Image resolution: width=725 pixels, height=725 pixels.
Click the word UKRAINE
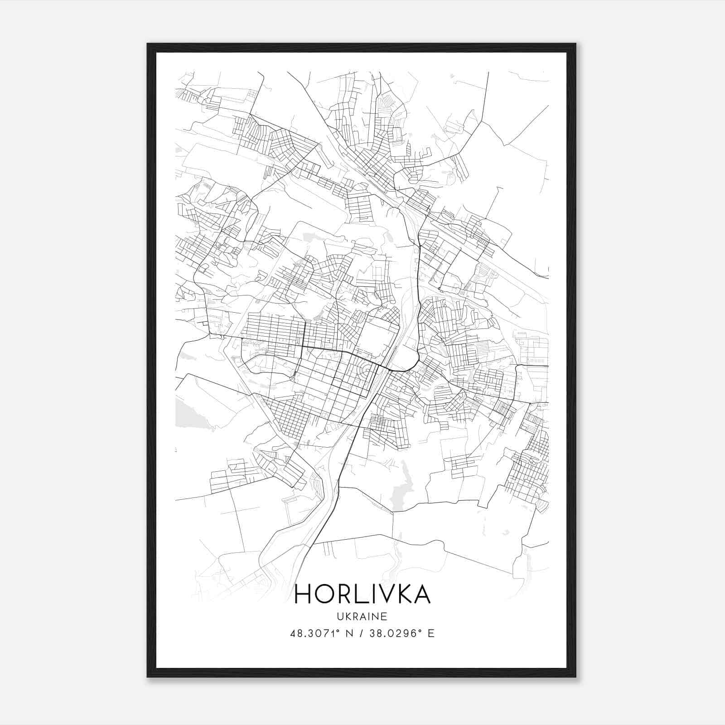[x=362, y=616]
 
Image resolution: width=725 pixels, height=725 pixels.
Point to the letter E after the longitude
[x=431, y=633]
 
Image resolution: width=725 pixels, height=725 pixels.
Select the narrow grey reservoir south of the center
[x=401, y=485]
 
